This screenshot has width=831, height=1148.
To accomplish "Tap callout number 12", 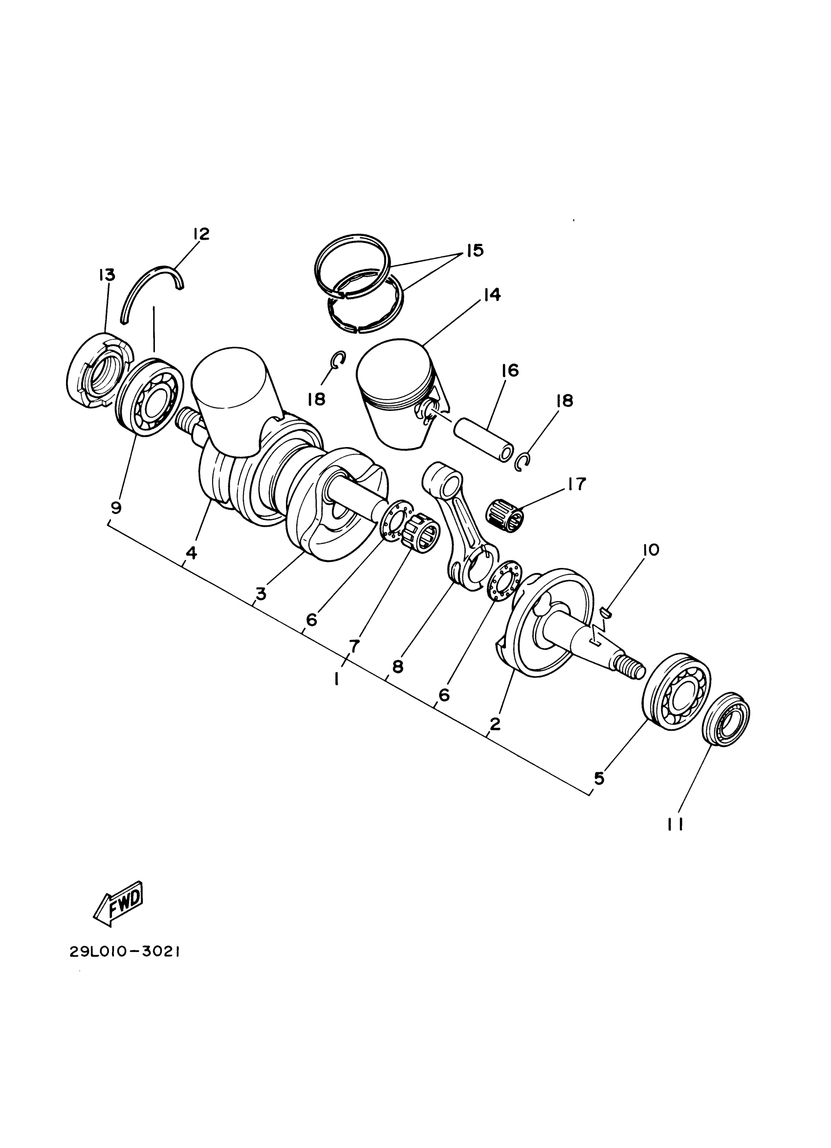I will [201, 234].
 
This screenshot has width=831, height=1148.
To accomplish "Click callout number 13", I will [107, 275].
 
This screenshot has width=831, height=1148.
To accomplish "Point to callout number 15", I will [475, 250].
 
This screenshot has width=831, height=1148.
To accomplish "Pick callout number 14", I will [491, 294].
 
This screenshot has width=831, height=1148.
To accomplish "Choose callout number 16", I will [510, 370].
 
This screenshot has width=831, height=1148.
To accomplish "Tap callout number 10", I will [651, 550].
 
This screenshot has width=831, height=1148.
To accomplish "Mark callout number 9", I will [116, 507].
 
